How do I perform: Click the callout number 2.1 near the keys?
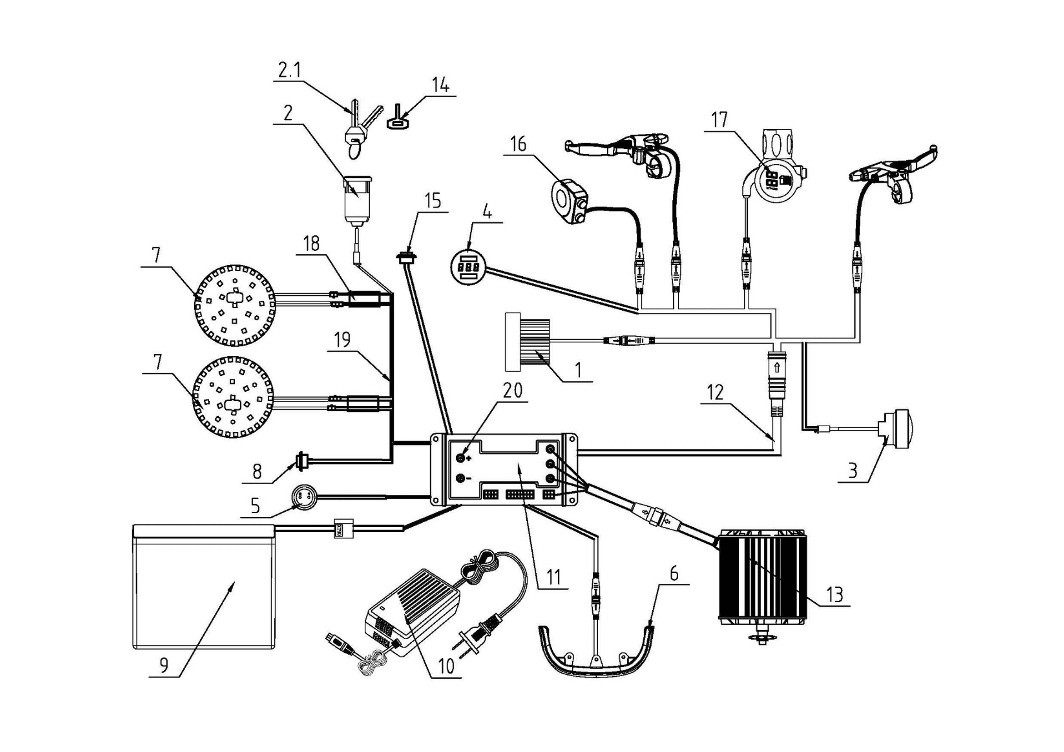pos(289,71)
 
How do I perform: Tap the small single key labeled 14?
pos(398,119)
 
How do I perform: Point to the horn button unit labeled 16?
pos(569,202)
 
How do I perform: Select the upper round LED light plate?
pos(234,306)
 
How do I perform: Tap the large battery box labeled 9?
pos(204,588)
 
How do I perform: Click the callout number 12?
pos(715,393)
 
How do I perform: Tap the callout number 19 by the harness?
pos(343,341)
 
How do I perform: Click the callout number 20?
pos(513,391)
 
